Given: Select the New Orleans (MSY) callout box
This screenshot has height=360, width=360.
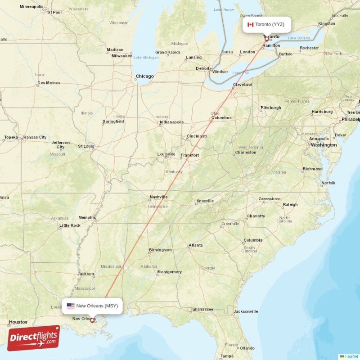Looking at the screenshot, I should (x=92, y=306).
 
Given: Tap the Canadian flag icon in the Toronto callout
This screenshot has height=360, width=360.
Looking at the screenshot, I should (x=251, y=24).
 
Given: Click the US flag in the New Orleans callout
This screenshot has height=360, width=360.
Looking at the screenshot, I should (x=71, y=306).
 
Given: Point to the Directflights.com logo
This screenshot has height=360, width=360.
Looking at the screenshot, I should (x=33, y=338).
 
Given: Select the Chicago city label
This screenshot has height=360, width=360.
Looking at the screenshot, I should (x=144, y=76).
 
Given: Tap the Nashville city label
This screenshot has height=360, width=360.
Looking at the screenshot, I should (x=158, y=197).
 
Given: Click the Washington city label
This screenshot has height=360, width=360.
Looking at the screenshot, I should (x=324, y=145).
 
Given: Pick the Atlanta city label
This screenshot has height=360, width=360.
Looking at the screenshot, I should (x=195, y=245).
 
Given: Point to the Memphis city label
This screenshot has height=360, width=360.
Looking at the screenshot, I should (x=87, y=217).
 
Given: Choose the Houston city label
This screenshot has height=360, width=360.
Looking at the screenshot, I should (x=18, y=322).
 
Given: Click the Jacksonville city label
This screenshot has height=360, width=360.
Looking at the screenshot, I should (x=246, y=311).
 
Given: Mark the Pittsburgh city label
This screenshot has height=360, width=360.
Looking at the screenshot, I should (x=270, y=108).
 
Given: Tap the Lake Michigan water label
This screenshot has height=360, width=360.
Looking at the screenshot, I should (x=146, y=58).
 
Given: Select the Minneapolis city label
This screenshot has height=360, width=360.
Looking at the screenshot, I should (x=31, y=7).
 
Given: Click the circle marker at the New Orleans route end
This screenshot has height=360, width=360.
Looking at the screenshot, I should (x=92, y=320).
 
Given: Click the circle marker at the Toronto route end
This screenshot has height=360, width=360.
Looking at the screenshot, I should (x=266, y=39).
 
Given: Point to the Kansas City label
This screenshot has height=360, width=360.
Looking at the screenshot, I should (x=35, y=137).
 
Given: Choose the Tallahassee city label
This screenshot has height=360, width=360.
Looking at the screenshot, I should (x=201, y=309).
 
